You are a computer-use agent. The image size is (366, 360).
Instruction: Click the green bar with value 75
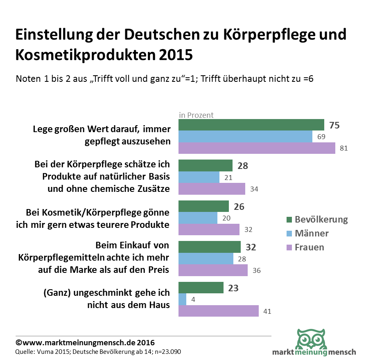pyautogui.click(x=251, y=125)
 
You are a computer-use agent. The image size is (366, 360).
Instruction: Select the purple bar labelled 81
pyautogui.click(x=257, y=148)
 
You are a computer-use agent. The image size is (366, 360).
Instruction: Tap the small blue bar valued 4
pyautogui.click(x=183, y=299)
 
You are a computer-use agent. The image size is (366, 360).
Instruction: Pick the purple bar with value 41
pyautogui.click(x=219, y=311)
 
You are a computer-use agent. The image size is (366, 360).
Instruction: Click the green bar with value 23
pyautogui.click(x=201, y=288)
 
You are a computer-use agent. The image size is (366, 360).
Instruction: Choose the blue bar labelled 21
pyautogui.click(x=199, y=177)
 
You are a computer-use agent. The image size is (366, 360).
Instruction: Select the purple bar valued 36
pyautogui.click(x=213, y=270)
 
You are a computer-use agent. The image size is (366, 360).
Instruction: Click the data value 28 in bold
pyautogui.click(x=242, y=166)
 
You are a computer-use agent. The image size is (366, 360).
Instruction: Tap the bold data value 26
pyautogui.click(x=239, y=207)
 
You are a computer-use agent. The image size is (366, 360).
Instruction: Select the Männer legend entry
pyautogui.click(x=307, y=233)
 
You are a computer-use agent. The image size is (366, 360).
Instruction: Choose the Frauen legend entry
pyautogui.click(x=305, y=247)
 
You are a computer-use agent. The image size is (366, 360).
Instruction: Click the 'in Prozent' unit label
pyautogui.click(x=196, y=115)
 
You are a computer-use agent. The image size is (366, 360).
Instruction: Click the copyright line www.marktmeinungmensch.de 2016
pyautogui.click(x=85, y=342)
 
